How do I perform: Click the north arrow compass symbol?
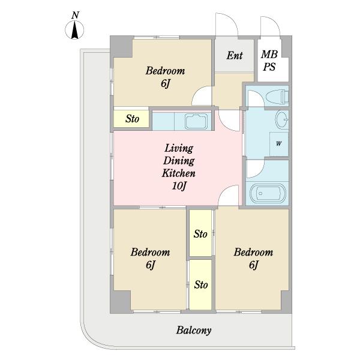pos(74,30)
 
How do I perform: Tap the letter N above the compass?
pos(75,15)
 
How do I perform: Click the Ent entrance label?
pos(235,56)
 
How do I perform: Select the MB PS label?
pos(269,61)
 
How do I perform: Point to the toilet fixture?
pos(278,97)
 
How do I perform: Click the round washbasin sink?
pos(282,119)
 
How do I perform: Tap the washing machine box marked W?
pos(279,144)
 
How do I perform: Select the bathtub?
pos(268,193)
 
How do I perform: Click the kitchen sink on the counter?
pos(196,121)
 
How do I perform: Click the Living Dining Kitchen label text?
pos(179,161)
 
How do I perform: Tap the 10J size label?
pos(179,185)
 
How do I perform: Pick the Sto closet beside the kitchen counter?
pos(131,119)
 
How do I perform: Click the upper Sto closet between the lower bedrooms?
pos(200,233)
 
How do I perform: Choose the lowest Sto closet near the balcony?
pos(200,284)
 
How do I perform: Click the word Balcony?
pos(194,331)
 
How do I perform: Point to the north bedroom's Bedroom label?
pos(165,71)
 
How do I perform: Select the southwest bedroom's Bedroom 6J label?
pos(151,258)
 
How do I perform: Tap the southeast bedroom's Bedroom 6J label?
pos(253,258)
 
